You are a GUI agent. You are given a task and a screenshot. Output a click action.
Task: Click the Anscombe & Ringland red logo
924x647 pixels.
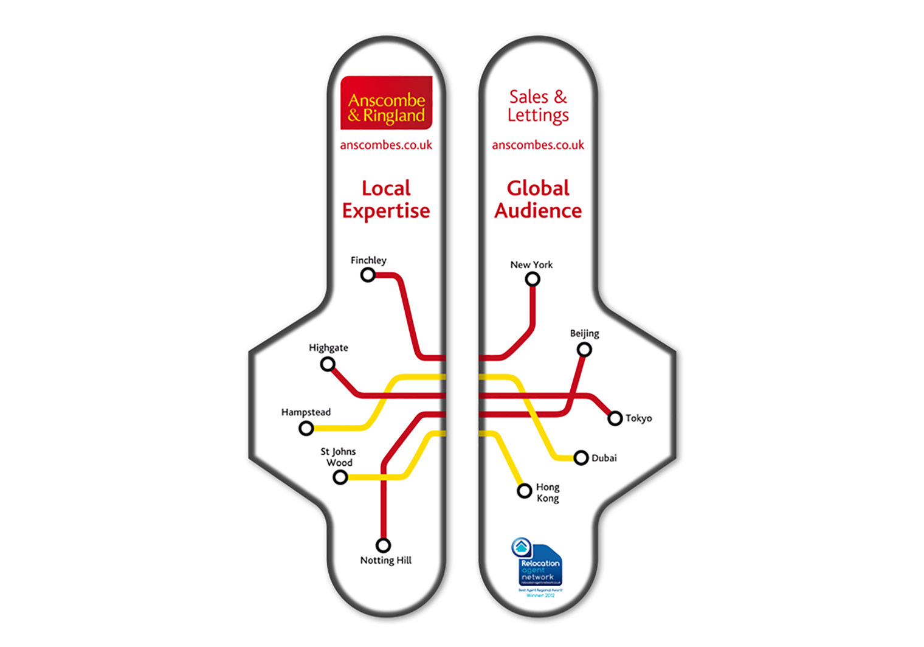386,103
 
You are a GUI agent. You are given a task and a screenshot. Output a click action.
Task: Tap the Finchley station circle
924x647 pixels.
368,275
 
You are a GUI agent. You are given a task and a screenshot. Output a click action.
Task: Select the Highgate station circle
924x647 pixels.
328,364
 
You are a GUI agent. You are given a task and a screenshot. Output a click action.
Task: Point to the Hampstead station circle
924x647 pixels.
306,429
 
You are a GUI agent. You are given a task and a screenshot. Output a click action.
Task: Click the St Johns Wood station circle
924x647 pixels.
340,477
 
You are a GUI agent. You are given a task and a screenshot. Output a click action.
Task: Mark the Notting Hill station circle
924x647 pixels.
383,545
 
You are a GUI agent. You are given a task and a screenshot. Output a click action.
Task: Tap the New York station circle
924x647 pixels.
533,279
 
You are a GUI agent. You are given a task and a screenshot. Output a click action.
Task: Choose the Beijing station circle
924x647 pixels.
584,350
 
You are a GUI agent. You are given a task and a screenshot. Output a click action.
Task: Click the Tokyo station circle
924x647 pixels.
615,418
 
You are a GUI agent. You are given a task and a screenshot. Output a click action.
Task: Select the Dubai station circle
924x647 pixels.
581,458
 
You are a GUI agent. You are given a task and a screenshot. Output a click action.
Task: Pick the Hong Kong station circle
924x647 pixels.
525,491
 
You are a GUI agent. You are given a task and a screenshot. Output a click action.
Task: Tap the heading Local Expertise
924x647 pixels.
386,199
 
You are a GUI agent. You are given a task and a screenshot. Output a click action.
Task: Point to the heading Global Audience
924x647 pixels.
538,199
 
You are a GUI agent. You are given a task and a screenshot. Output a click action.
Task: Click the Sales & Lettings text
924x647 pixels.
538,106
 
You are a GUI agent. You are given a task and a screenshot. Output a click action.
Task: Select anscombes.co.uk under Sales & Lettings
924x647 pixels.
538,145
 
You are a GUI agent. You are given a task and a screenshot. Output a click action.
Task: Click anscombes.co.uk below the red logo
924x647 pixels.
386,145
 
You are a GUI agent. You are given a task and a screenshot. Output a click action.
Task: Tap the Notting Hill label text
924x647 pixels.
386,561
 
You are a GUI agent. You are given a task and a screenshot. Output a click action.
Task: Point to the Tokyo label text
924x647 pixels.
639,418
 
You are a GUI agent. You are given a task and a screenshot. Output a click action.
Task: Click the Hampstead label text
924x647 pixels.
306,412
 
